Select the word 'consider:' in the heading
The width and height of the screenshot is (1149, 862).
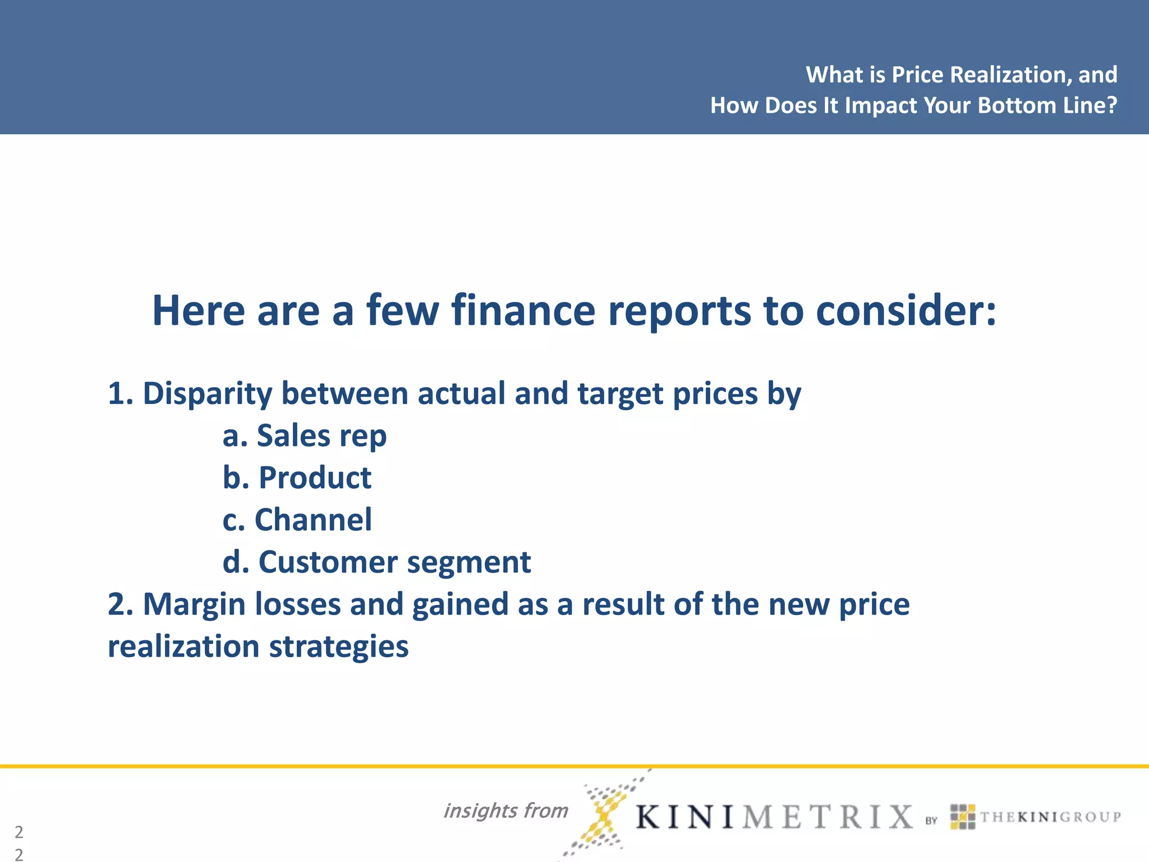(x=906, y=310)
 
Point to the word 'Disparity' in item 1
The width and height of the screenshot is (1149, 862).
(x=208, y=393)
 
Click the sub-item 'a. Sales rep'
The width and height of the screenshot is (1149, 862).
(x=305, y=435)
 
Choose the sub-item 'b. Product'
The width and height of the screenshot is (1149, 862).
(x=297, y=478)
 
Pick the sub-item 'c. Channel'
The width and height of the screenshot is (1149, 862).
(x=297, y=520)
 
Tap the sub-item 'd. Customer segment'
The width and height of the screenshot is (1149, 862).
(x=376, y=562)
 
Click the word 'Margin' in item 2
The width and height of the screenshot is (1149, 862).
(x=194, y=604)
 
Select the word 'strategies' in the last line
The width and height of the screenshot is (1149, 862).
(x=339, y=646)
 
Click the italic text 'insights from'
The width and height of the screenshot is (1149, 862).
(x=505, y=810)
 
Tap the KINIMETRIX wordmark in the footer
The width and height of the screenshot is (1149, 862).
(x=774, y=817)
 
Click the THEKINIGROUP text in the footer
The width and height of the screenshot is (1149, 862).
(x=1050, y=817)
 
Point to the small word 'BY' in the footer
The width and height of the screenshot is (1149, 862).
(x=931, y=820)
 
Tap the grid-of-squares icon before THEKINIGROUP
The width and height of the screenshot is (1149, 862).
(x=962, y=817)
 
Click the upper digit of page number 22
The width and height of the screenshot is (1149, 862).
(x=19, y=832)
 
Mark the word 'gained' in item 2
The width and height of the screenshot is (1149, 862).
(x=460, y=604)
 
